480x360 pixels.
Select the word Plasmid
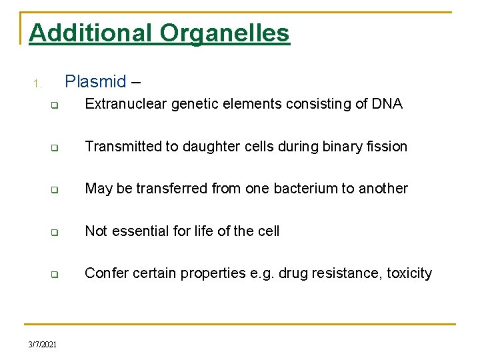[95, 82]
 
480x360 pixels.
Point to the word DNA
[388, 104]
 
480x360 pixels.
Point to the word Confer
[105, 273]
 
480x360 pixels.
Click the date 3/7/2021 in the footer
[43, 344]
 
